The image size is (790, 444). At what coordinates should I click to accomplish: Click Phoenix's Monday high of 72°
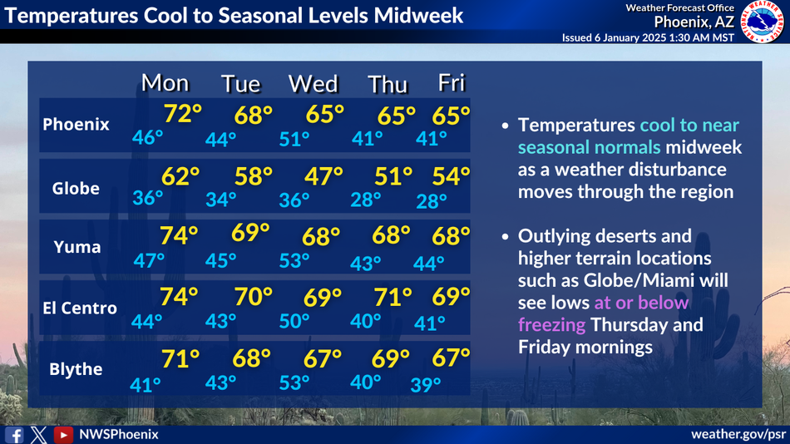(x=182, y=114)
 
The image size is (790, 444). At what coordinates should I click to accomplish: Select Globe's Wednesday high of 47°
(x=323, y=176)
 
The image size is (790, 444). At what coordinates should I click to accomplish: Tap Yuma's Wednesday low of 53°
(x=294, y=260)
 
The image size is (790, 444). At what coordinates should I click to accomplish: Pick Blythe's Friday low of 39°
(x=426, y=385)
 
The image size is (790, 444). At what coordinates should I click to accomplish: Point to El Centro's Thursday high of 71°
(x=393, y=297)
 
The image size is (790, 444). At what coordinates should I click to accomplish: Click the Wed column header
(x=313, y=84)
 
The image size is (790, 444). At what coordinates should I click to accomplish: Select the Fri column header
(x=452, y=82)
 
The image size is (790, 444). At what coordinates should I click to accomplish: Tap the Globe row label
(x=76, y=189)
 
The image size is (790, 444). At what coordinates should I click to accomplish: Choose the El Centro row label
(x=80, y=308)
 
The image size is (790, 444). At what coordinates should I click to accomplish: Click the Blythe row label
(x=76, y=369)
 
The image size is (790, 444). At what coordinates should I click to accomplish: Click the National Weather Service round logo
(x=763, y=22)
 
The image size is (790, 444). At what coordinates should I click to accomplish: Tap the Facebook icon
(x=14, y=435)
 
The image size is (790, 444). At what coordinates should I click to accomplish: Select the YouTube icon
(x=63, y=435)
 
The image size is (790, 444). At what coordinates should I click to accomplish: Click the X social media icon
(x=38, y=435)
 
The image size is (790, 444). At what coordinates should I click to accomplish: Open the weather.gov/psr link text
(x=738, y=434)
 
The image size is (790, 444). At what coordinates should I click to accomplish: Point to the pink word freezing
(x=551, y=324)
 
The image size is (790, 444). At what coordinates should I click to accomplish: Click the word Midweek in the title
(x=418, y=15)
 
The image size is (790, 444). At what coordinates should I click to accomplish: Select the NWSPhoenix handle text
(x=119, y=434)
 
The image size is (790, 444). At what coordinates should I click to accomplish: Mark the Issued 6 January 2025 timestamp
(x=648, y=37)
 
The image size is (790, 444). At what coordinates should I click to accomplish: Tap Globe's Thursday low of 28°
(x=366, y=200)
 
